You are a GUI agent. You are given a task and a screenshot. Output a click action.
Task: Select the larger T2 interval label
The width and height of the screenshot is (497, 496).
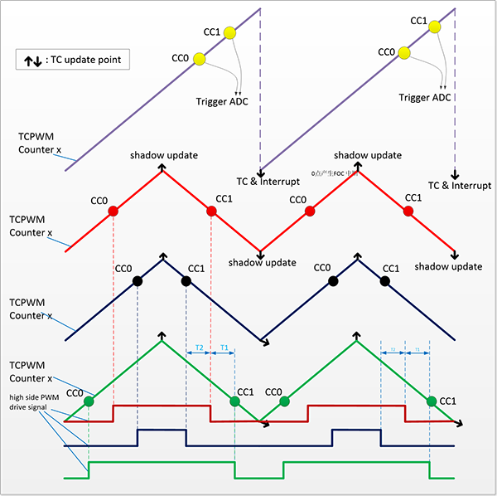200,347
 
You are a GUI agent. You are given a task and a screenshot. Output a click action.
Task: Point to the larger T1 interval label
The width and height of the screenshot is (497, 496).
224,347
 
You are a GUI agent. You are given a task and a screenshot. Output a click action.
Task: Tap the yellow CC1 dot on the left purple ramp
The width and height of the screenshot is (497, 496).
229,32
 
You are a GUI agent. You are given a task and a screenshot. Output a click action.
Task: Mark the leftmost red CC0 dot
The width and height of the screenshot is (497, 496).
113,212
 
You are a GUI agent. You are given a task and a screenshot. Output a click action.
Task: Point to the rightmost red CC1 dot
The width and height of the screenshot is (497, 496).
408,212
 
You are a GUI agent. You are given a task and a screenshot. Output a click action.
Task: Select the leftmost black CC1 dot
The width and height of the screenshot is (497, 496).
186,281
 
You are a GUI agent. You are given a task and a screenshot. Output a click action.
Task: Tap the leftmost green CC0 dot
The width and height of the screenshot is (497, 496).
89,401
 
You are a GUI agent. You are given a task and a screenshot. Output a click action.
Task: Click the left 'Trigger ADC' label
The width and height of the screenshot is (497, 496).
222,101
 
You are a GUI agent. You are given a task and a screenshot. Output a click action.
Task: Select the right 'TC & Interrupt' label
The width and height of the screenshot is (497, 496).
460,185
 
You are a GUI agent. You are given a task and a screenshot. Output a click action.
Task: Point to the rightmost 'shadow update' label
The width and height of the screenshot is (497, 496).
448,266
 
